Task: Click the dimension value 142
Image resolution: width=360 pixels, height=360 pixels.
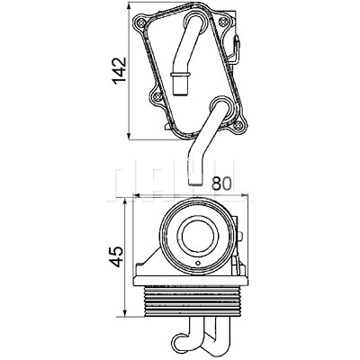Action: tap(119, 71)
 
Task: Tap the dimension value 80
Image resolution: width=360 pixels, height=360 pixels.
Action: tap(222, 184)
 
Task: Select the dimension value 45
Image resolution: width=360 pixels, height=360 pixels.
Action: tap(115, 256)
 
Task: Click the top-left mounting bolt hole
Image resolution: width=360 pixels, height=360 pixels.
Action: tap(140, 22)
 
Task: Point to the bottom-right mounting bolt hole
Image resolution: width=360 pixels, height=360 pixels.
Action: tap(238, 125)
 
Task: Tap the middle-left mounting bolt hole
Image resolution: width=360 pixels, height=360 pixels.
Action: tap(157, 96)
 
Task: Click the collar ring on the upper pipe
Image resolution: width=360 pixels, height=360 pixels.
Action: tap(180, 74)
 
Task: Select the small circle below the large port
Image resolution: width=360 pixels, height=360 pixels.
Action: tap(197, 264)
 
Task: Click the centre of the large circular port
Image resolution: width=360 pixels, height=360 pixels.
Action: tap(197, 237)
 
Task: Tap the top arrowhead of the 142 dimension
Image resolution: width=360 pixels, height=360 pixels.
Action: tap(129, 6)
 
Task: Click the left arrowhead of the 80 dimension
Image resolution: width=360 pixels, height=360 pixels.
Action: tap(137, 196)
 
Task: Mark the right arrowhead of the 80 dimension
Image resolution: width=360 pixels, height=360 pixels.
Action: tap(244, 196)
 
